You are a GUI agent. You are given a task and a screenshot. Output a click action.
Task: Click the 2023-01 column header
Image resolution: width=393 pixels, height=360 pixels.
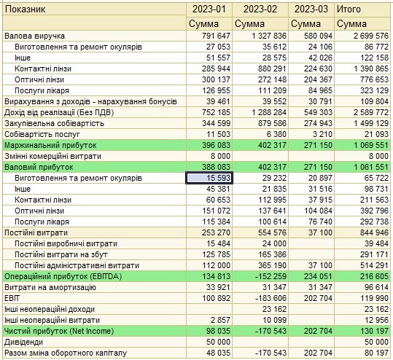pyautogui.click(x=209, y=9)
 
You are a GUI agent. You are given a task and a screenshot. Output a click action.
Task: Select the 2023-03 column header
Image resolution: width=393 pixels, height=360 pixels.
pyautogui.click(x=311, y=9)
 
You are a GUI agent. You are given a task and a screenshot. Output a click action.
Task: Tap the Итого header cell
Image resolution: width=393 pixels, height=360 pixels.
pyautogui.click(x=349, y=9)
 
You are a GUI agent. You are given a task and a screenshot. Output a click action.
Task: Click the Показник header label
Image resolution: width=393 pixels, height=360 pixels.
pyautogui.click(x=25, y=9)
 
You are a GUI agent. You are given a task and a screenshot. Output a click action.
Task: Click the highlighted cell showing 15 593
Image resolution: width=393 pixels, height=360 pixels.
pyautogui.click(x=209, y=178)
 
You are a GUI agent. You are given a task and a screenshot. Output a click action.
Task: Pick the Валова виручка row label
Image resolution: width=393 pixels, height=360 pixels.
pyautogui.click(x=34, y=36)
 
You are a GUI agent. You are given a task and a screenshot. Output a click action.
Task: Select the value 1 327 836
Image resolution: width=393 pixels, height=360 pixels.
pyautogui.click(x=269, y=36)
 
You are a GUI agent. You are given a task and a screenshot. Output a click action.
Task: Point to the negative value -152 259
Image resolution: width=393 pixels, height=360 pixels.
pyautogui.click(x=271, y=276)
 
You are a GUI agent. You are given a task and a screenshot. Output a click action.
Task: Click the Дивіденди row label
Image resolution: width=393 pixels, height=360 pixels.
pyautogui.click(x=24, y=342)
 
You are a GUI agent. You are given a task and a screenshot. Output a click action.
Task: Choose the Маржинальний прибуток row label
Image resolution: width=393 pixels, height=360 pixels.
pyautogui.click(x=50, y=145)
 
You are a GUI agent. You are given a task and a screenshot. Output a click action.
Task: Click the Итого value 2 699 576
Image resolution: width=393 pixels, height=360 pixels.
pyautogui.click(x=371, y=36)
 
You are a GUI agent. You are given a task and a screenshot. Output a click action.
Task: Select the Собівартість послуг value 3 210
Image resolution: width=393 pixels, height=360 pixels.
pyautogui.click(x=322, y=134)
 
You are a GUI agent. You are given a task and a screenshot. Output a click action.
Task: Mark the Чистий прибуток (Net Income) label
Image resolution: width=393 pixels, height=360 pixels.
pyautogui.click(x=59, y=331)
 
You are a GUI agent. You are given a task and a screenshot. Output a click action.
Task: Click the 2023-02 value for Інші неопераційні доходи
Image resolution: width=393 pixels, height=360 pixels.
pyautogui.click(x=274, y=309)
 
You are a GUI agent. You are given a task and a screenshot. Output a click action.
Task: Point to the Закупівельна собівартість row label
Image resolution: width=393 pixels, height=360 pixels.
pyautogui.click(x=54, y=123)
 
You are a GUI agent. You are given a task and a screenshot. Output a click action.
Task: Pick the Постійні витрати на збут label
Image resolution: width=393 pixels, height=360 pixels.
pyautogui.click(x=61, y=254)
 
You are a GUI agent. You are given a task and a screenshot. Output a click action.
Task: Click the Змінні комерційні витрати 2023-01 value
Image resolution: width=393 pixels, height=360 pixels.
pyautogui.click(x=220, y=156)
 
